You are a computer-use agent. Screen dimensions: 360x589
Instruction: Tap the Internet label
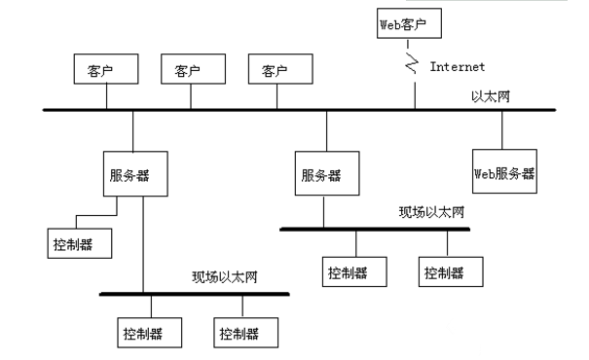[x=458, y=68]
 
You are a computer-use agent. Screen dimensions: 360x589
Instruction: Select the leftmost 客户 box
[x=106, y=71]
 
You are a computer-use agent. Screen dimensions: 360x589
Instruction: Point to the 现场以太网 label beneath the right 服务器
[x=431, y=212]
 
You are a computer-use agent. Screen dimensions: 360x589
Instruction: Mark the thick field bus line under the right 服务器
[x=375, y=230]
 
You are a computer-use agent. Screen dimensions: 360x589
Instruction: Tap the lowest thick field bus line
[x=195, y=293]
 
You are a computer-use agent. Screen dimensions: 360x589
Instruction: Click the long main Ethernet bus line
[x=292, y=110]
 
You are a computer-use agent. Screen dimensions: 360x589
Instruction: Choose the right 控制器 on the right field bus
[x=449, y=271]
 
